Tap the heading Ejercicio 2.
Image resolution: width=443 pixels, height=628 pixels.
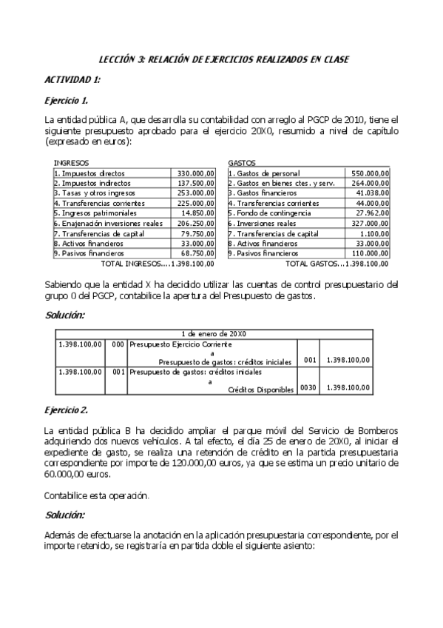[67, 410]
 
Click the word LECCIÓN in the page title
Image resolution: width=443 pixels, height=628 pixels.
[121, 59]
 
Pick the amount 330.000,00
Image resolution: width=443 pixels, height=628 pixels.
[196, 173]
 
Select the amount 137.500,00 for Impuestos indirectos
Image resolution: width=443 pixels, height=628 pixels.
[196, 182]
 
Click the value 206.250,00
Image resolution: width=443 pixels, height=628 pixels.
[196, 223]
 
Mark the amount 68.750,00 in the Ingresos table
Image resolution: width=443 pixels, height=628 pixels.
[197, 253]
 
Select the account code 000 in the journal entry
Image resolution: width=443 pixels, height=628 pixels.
[117, 345]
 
